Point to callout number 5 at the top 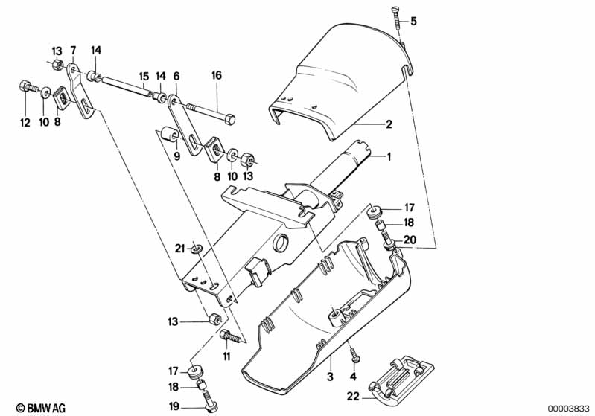click(414, 22)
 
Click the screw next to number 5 click(396, 16)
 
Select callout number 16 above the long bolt click(217, 75)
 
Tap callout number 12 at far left click(25, 123)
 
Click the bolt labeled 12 click(28, 88)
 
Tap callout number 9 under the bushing click(176, 156)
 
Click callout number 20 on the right click(408, 239)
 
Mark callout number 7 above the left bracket click(73, 50)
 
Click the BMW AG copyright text click(29, 408)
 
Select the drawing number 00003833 click(569, 408)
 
